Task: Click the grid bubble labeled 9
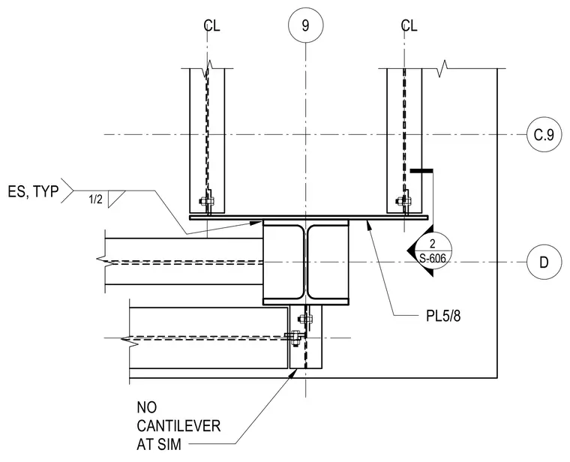(305, 25)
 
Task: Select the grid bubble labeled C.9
(544, 135)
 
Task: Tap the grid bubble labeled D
(544, 262)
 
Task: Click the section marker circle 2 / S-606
(433, 250)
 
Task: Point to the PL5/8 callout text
(443, 316)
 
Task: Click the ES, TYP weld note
(33, 191)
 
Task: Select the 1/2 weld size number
(95, 199)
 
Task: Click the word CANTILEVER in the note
(178, 426)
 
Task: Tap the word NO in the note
(147, 407)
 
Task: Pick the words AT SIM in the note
(159, 444)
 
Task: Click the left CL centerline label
(211, 25)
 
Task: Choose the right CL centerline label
(409, 25)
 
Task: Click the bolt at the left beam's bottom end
(206, 201)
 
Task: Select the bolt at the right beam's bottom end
(403, 201)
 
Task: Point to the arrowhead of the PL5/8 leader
(369, 223)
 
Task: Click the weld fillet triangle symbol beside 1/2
(116, 199)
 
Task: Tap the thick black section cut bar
(421, 170)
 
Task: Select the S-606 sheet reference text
(433, 259)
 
